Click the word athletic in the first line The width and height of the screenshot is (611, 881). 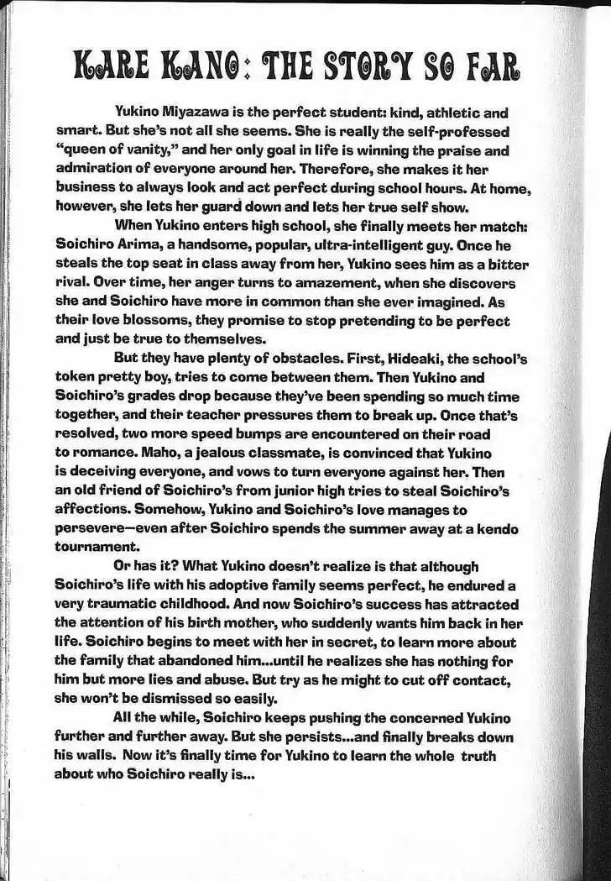pos(441,113)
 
